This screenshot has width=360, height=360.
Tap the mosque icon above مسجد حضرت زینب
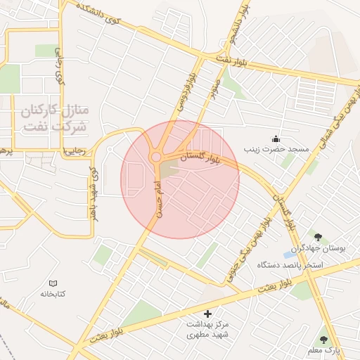coord(276,138)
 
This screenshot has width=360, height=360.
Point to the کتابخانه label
coord(53,293)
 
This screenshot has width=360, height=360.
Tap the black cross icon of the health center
coord(207,313)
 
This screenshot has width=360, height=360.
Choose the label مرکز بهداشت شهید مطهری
coord(207,331)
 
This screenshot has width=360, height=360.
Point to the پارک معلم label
coord(323,350)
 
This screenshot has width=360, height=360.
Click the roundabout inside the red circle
coord(155,157)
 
